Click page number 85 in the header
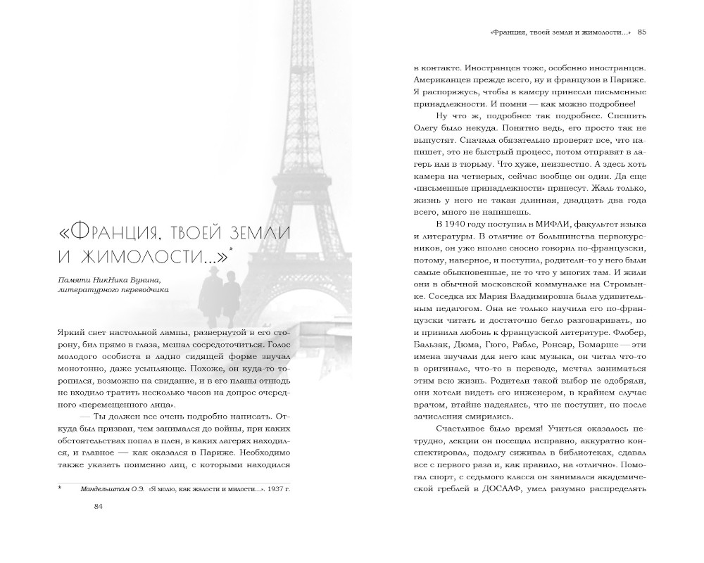click(651, 31)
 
